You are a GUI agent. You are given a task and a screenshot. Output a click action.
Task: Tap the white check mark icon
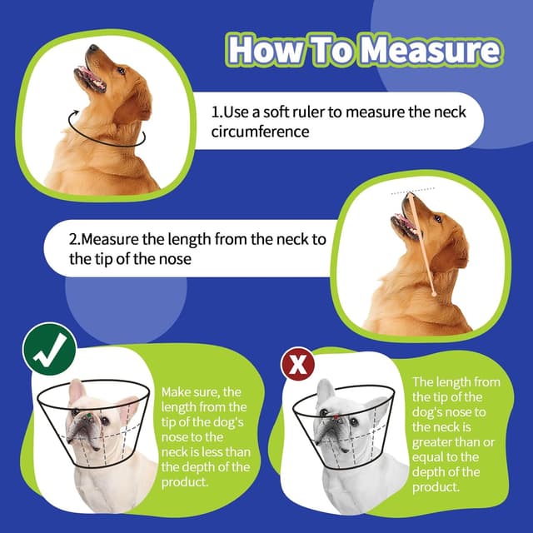point(49,351)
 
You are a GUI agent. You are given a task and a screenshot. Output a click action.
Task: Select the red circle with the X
point(297,365)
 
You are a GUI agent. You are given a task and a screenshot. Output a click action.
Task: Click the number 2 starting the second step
point(73,241)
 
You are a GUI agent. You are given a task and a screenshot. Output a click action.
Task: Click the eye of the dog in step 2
point(436,219)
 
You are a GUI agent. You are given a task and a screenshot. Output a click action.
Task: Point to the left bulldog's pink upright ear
point(77,391)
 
